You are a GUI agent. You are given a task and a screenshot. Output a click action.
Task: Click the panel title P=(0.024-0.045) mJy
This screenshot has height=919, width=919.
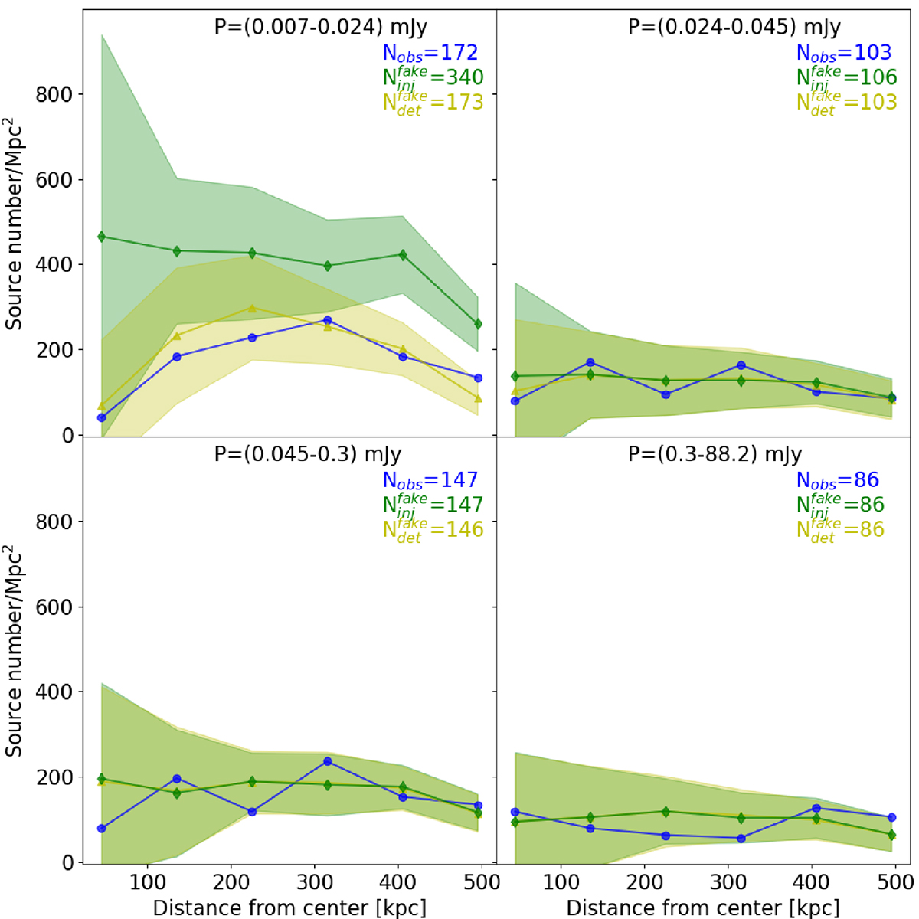734,28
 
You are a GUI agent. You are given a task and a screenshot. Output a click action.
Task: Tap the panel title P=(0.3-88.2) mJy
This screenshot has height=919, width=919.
715,455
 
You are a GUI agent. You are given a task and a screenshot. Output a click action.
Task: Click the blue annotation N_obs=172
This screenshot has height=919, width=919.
430,53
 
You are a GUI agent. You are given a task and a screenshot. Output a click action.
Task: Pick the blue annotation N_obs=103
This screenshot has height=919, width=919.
844,53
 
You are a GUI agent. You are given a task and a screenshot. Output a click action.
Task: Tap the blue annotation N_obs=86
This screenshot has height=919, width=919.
837,480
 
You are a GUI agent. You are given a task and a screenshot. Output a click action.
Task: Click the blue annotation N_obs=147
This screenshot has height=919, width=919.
430,480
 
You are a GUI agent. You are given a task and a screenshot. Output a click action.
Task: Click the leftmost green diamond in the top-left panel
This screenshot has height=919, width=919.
102,237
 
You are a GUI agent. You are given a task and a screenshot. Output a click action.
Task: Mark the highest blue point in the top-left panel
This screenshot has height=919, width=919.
328,320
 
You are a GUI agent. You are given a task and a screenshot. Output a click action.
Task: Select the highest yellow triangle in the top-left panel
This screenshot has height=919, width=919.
253,308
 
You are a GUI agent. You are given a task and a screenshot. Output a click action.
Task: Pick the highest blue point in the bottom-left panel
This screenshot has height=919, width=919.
328,761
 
